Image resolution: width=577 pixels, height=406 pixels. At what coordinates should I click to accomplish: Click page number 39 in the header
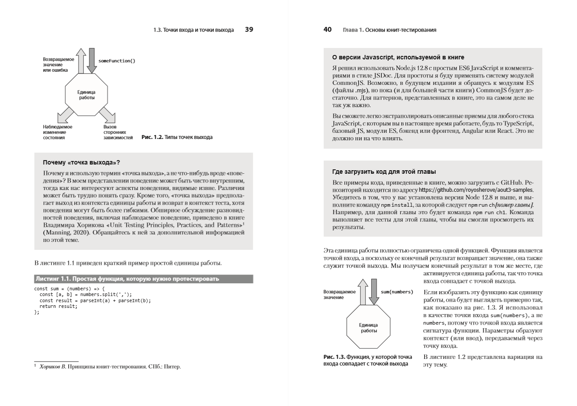pos(249,30)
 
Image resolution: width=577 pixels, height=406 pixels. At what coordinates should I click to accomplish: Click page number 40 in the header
pos(327,30)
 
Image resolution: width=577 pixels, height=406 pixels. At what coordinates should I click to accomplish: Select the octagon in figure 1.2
pos(87,94)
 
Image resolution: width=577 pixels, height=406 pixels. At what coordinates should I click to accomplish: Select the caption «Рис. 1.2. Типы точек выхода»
pos(177,137)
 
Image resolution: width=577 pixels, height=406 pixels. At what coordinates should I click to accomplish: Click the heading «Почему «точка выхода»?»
pos(81,162)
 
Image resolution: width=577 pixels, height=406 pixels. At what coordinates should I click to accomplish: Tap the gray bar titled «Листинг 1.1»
pos(144,279)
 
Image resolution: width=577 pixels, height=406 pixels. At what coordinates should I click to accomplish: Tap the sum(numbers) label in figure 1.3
pos(397,292)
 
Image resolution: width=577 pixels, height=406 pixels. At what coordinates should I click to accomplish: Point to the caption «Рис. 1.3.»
pos(367,360)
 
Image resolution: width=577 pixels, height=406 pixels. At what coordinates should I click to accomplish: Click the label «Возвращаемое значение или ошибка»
pos(59,65)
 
